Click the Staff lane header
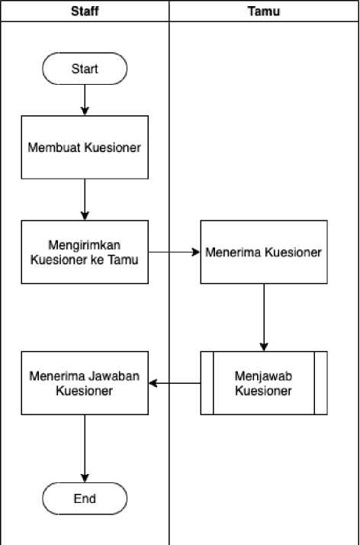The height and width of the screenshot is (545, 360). (85, 11)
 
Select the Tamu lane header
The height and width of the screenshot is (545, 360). (264, 11)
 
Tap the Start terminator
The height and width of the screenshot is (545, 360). (85, 69)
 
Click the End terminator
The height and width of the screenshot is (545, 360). (85, 498)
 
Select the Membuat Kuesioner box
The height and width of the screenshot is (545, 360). (85, 147)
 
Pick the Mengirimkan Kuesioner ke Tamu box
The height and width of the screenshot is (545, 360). (85, 252)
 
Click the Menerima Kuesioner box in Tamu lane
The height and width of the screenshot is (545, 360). (264, 252)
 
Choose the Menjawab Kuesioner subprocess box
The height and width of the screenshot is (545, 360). (264, 383)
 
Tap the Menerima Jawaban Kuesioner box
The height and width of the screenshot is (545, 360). (85, 383)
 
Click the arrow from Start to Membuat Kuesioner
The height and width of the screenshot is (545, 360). (85, 100)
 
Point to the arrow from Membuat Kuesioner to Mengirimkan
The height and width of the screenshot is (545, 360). (85, 199)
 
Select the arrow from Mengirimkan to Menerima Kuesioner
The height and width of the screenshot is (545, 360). (174, 252)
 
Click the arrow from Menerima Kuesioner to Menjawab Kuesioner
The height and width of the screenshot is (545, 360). (264, 318)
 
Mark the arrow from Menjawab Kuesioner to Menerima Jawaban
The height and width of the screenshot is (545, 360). (174, 383)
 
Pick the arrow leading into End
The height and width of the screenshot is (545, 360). (85, 448)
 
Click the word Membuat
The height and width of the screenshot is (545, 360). (55, 147)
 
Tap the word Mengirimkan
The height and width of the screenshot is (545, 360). (85, 245)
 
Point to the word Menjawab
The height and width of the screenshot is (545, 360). (263, 376)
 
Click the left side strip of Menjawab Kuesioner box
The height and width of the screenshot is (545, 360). (207, 383)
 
